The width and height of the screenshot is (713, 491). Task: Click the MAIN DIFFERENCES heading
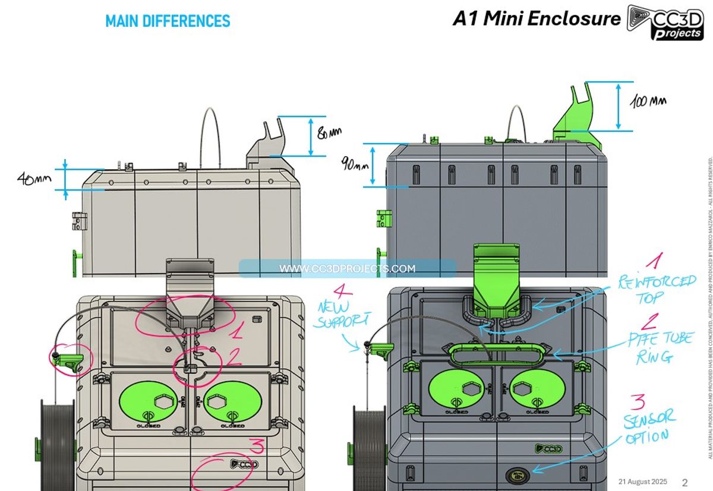click(168, 21)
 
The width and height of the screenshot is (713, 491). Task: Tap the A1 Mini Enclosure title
click(536, 18)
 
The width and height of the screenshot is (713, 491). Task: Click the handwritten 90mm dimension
click(355, 163)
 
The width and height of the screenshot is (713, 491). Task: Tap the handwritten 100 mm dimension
click(648, 102)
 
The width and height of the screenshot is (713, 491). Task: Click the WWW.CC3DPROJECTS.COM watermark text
click(347, 269)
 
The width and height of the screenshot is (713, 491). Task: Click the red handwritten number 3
click(257, 445)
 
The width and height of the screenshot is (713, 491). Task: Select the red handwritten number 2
click(234, 356)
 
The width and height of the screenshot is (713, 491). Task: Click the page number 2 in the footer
click(684, 482)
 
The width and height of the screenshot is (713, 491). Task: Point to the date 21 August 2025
click(642, 482)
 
